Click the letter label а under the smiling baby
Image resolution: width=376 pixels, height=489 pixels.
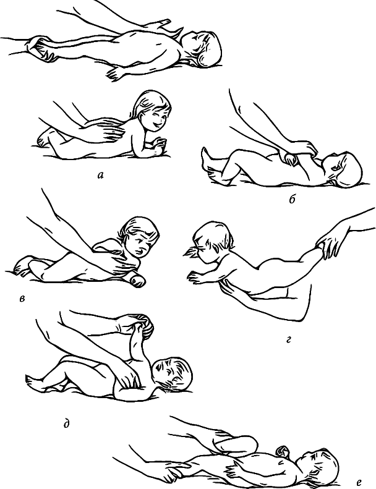pyautogui.click(x=100, y=176)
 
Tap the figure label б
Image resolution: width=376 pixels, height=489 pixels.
pyautogui.click(x=292, y=200)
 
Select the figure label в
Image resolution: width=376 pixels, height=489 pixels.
pyautogui.click(x=22, y=299)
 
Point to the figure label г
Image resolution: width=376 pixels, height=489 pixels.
pyautogui.click(x=288, y=340)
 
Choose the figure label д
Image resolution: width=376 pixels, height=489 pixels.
pyautogui.click(x=66, y=424)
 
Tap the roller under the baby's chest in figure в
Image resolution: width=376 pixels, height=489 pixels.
pyautogui.click(x=137, y=279)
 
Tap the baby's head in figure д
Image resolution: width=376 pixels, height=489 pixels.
pyautogui.click(x=173, y=374)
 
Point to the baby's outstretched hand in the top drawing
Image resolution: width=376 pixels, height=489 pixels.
pyautogui.click(x=116, y=74)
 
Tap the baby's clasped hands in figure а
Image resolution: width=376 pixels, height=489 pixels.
pyautogui.click(x=159, y=146)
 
